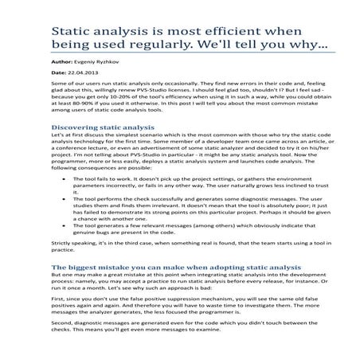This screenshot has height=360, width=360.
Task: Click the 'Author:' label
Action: tap(63, 61)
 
